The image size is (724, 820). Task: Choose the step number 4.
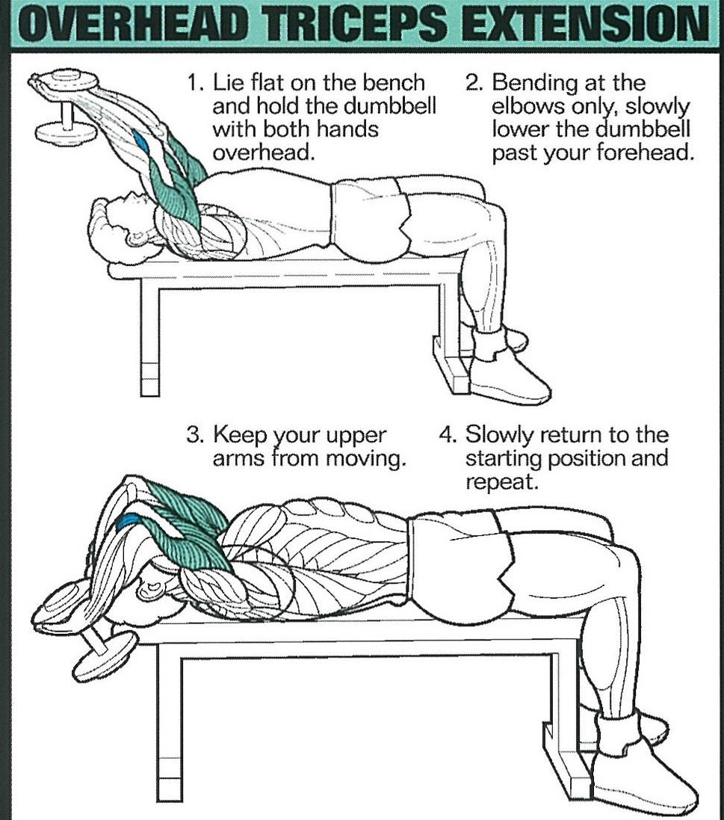[x=447, y=436]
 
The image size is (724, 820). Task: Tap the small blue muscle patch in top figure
[x=142, y=142]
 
